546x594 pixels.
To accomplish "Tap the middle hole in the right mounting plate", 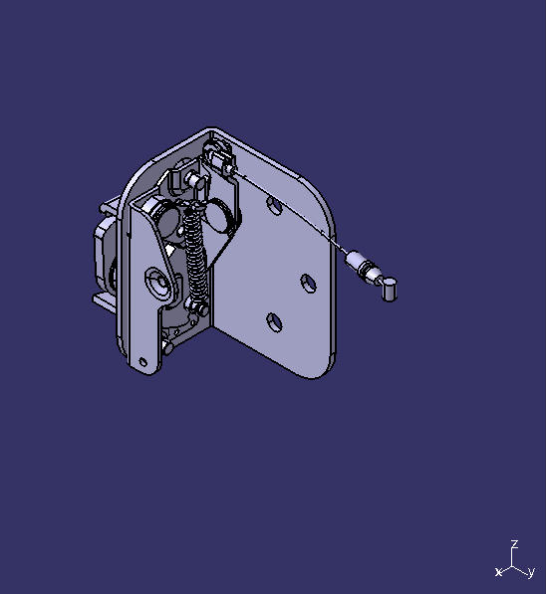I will coord(309,284).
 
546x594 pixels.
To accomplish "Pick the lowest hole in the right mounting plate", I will coord(273,321).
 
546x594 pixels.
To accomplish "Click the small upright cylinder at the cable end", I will coord(390,290).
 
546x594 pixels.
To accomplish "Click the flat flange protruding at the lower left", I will coord(104,297).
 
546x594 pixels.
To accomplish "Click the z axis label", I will coord(514,544).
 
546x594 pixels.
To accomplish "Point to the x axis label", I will coord(498,572).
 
